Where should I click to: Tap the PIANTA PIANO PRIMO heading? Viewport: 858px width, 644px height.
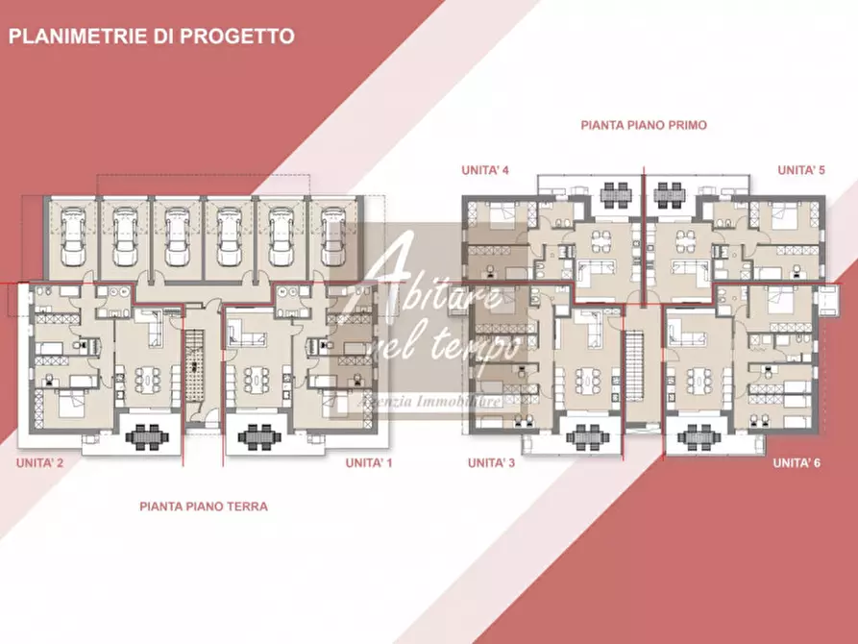click(x=644, y=125)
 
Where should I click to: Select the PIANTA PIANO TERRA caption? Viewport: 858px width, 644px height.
click(x=203, y=506)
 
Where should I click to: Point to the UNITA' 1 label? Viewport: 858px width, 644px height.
click(x=370, y=463)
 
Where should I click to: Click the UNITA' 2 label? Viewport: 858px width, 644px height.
click(x=39, y=463)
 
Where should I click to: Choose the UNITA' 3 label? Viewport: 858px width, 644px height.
click(x=491, y=462)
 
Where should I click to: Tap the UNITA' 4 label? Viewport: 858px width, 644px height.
click(x=484, y=170)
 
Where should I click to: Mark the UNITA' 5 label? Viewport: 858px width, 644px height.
click(x=801, y=170)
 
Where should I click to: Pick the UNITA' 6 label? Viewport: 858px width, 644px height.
click(x=797, y=462)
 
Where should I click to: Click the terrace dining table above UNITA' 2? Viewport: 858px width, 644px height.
click(x=147, y=437)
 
